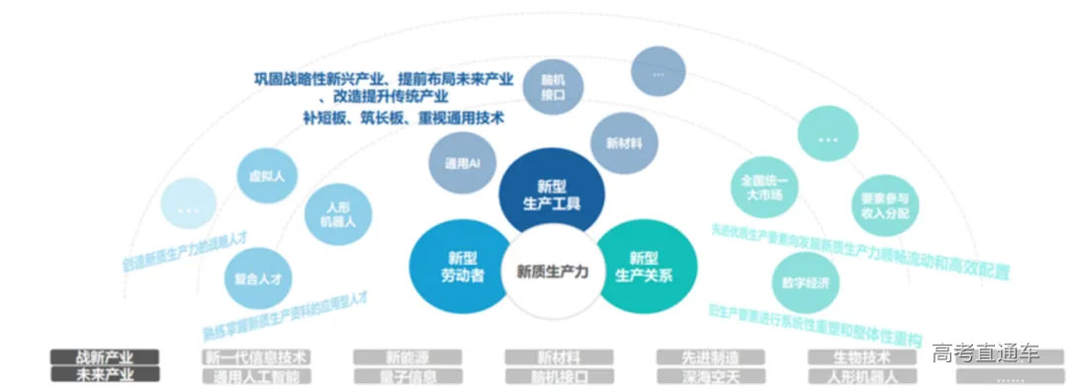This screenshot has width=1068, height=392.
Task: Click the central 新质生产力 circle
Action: (552, 273)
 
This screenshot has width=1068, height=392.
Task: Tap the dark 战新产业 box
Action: (105, 356)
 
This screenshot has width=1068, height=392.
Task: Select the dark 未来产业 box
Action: (105, 375)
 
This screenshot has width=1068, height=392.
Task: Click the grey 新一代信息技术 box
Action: (256, 356)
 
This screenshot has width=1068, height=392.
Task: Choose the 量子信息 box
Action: (407, 375)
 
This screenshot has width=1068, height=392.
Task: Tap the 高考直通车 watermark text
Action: (985, 353)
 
